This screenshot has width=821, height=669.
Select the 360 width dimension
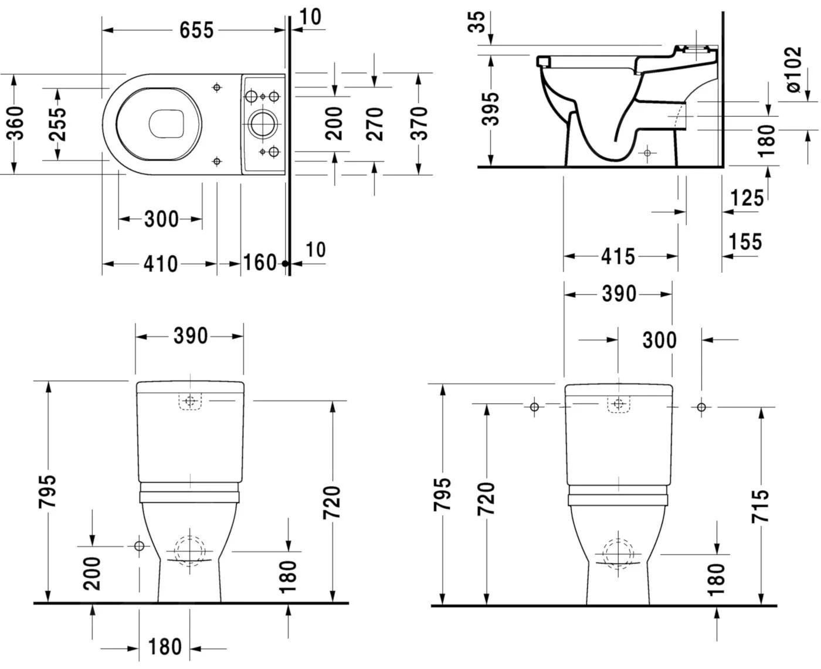(16, 123)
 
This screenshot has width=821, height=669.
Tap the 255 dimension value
(57, 124)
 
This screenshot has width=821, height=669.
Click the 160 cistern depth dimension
(259, 262)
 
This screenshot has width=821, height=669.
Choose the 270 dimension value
(374, 124)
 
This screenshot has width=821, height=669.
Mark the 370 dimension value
(418, 124)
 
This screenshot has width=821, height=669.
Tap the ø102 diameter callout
(793, 70)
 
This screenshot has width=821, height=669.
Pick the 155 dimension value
(745, 241)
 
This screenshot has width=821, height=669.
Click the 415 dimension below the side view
(618, 256)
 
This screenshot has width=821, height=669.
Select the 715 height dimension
(761, 505)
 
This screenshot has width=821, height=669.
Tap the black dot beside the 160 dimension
(286, 264)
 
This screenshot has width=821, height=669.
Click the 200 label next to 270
(334, 124)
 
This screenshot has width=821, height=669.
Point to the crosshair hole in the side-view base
(647, 153)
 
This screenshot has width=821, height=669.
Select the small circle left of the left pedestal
(139, 546)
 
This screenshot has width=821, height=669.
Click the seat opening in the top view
(167, 124)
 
